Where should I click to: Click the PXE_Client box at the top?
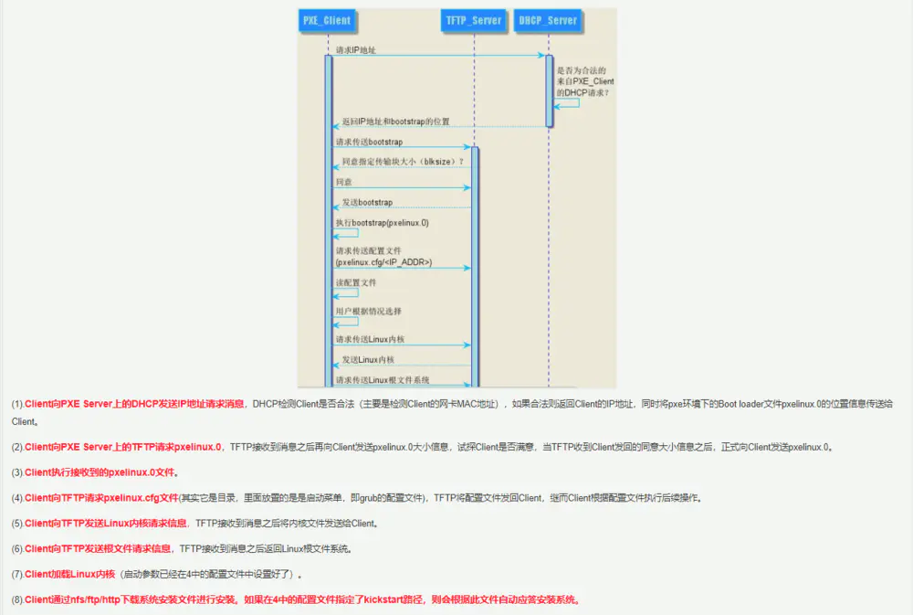pyautogui.click(x=326, y=20)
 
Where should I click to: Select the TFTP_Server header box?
pyautogui.click(x=474, y=20)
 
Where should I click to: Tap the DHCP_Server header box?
pyautogui.click(x=547, y=20)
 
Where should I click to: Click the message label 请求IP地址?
pyautogui.click(x=356, y=49)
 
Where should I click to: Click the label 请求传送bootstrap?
pyautogui.click(x=369, y=142)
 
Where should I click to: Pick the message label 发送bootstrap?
pyautogui.click(x=367, y=202)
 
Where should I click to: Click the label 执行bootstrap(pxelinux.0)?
pyautogui.click(x=382, y=223)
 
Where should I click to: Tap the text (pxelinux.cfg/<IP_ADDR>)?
pyautogui.click(x=383, y=262)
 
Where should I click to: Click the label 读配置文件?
pyautogui.click(x=356, y=283)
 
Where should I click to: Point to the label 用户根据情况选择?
pyautogui.click(x=368, y=312)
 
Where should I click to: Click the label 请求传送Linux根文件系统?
pyautogui.click(x=383, y=380)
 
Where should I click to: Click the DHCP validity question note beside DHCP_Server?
pyautogui.click(x=585, y=81)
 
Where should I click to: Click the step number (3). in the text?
pyautogui.click(x=17, y=472)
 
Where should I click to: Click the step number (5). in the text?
pyautogui.click(x=17, y=524)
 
